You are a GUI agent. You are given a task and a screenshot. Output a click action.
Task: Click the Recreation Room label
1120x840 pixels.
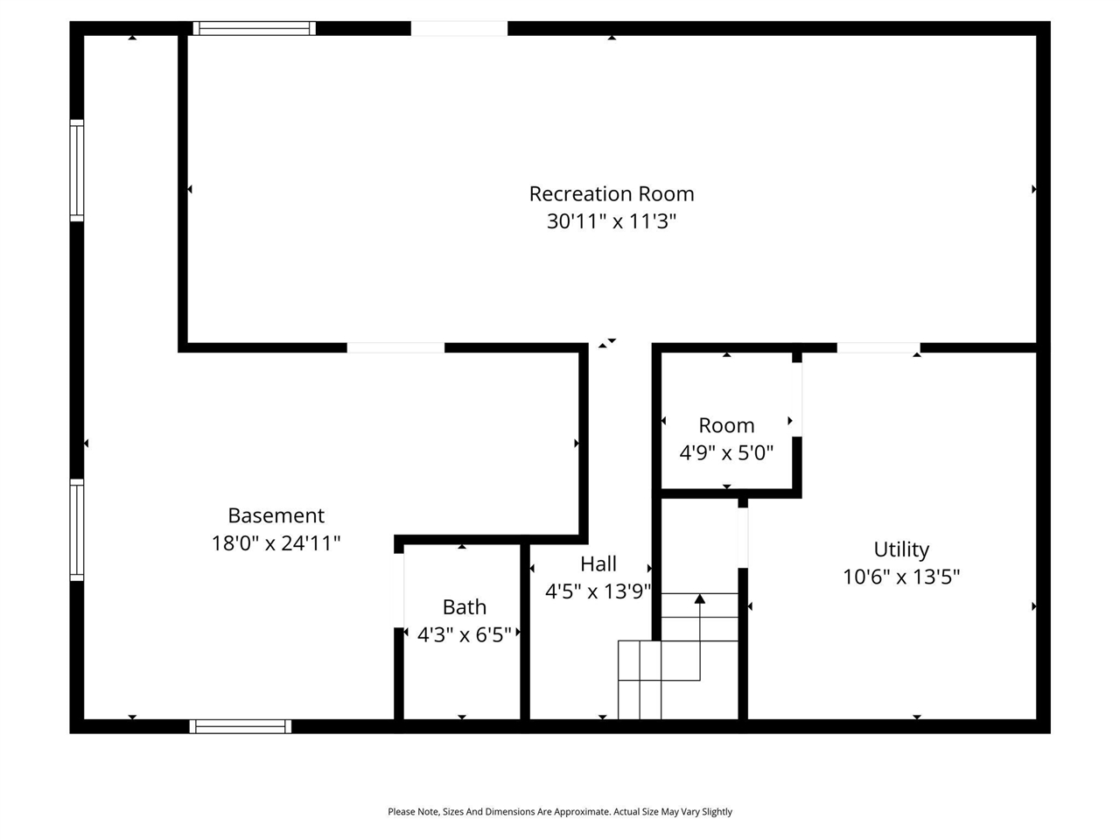click(x=611, y=193)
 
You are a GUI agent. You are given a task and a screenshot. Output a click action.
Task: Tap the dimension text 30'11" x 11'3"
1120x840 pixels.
click(x=611, y=220)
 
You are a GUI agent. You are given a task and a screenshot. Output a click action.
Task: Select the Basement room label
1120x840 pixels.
click(x=276, y=515)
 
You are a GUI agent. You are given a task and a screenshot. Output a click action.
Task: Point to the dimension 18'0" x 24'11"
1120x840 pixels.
click(x=276, y=543)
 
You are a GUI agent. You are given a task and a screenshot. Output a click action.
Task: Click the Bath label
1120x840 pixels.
click(x=464, y=606)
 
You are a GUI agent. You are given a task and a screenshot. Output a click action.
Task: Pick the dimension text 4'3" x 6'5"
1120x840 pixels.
click(x=464, y=634)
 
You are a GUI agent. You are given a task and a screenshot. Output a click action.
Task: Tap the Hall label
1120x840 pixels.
click(x=598, y=563)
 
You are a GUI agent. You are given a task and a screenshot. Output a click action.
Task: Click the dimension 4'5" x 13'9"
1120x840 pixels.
click(x=598, y=591)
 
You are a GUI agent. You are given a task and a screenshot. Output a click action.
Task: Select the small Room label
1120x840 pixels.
click(x=726, y=425)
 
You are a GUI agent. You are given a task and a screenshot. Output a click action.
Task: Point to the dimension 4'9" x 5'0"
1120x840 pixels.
click(x=726, y=453)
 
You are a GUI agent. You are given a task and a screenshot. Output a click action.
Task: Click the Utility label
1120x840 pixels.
click(x=901, y=549)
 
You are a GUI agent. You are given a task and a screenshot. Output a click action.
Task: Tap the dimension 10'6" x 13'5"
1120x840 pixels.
click(x=901, y=577)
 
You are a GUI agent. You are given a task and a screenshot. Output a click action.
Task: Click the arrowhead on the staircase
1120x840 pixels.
click(x=699, y=599)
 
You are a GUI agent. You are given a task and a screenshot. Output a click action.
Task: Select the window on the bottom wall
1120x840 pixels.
click(x=240, y=726)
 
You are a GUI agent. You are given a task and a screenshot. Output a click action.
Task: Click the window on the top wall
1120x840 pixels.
click(x=254, y=28)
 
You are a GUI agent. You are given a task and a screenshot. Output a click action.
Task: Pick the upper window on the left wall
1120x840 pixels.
click(x=77, y=171)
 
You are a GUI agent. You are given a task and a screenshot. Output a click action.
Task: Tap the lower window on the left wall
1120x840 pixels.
click(x=77, y=530)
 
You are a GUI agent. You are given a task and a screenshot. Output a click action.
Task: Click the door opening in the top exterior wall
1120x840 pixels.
click(x=458, y=28)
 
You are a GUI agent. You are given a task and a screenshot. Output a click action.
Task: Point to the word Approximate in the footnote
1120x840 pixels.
click(x=573, y=812)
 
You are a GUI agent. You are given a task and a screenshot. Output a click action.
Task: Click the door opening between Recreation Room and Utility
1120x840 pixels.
click(x=878, y=347)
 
